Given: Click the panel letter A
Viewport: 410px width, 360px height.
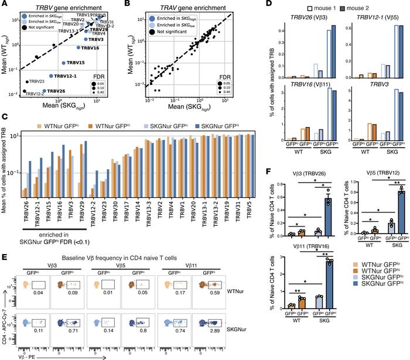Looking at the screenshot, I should pyautogui.click(x=5, y=5).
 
